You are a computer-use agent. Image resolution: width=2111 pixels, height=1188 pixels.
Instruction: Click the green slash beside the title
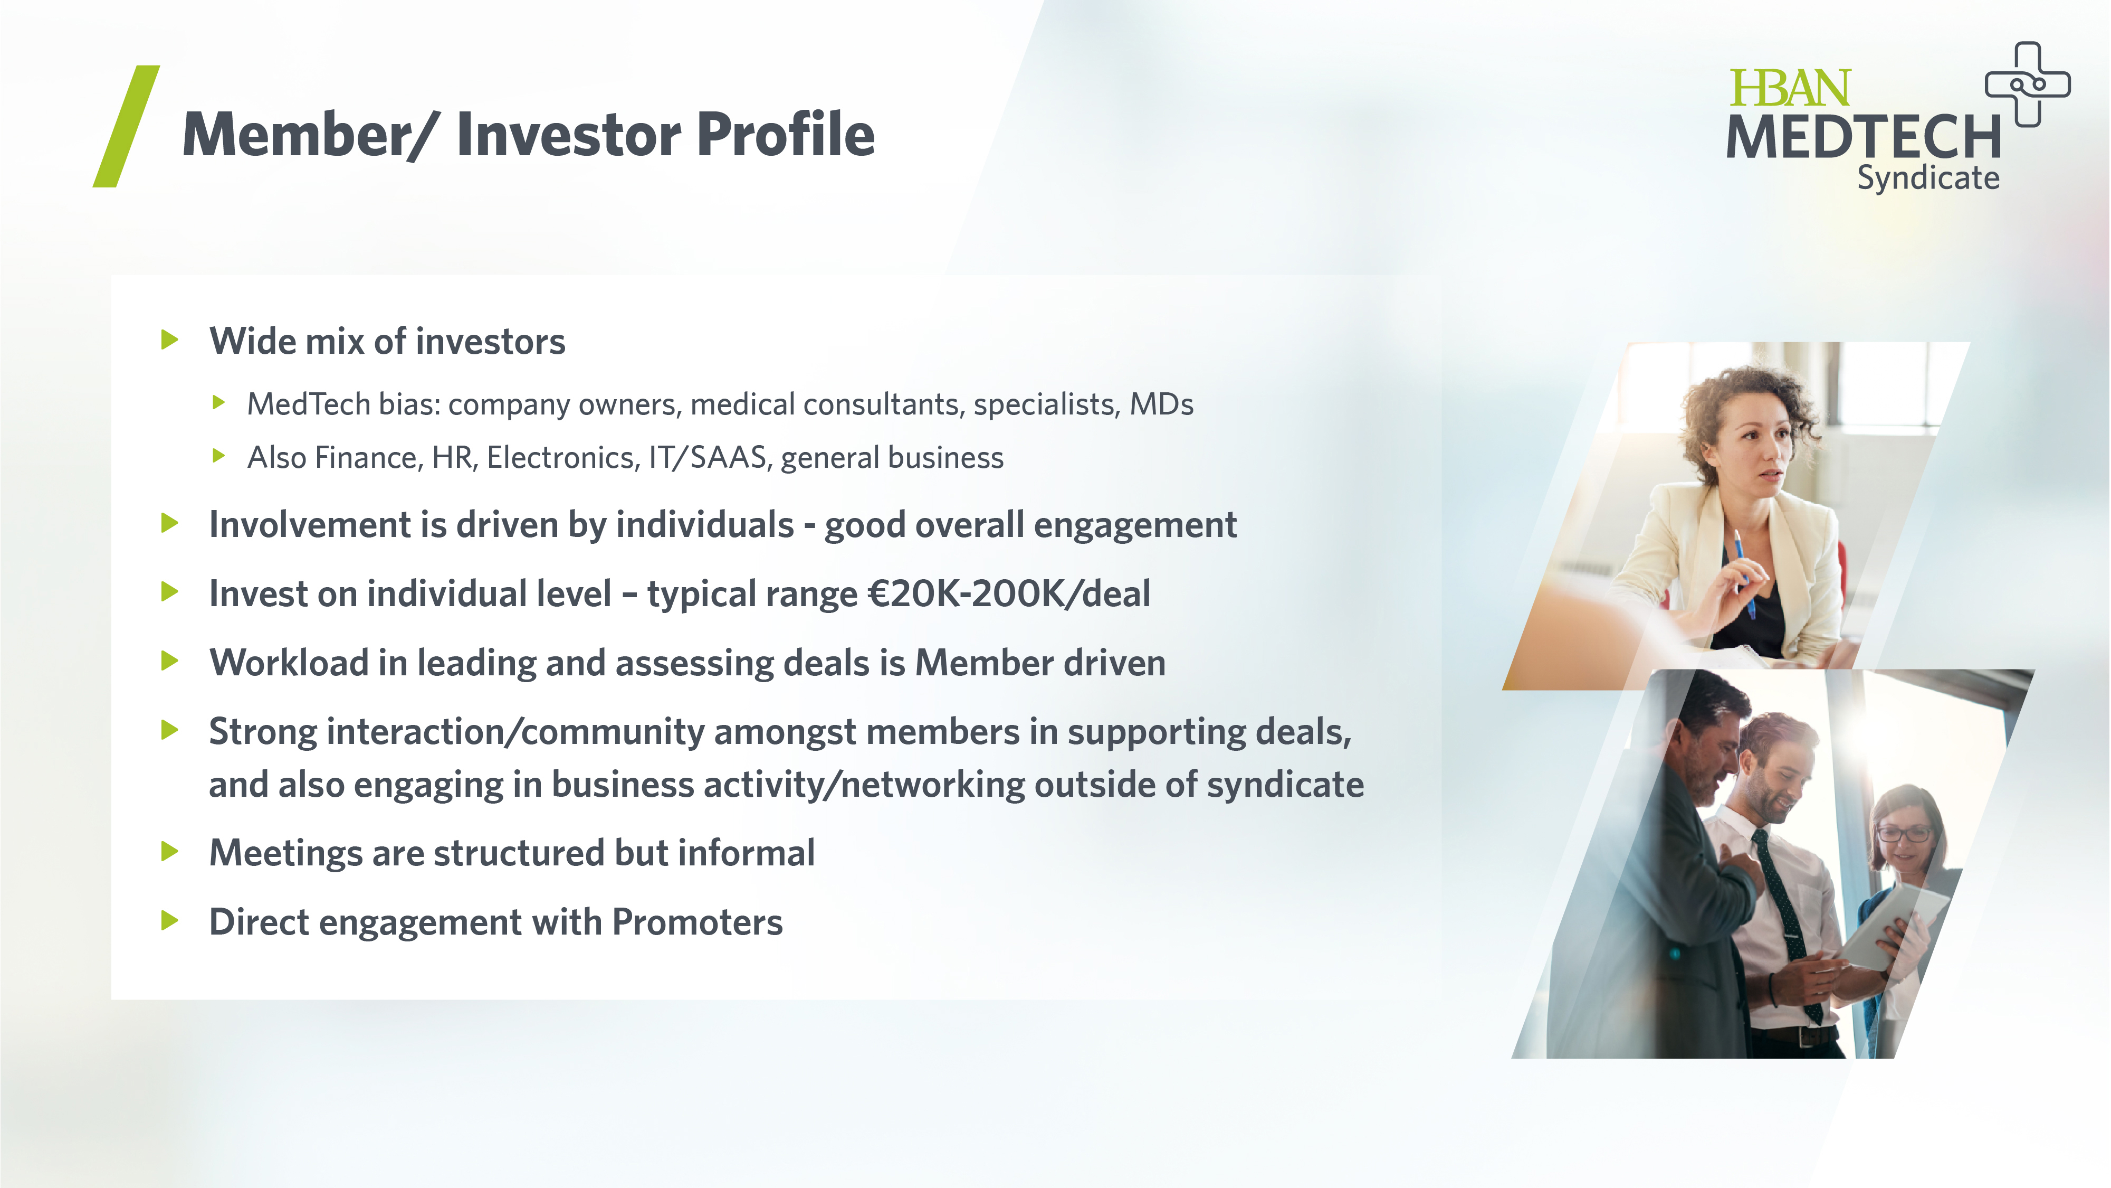[x=126, y=126]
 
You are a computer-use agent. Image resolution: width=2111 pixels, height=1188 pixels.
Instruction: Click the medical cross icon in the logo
[x=2028, y=84]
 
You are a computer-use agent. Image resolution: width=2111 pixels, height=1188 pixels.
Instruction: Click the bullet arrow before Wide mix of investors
[x=170, y=340]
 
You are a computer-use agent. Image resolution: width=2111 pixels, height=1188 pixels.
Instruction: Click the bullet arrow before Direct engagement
[x=170, y=920]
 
